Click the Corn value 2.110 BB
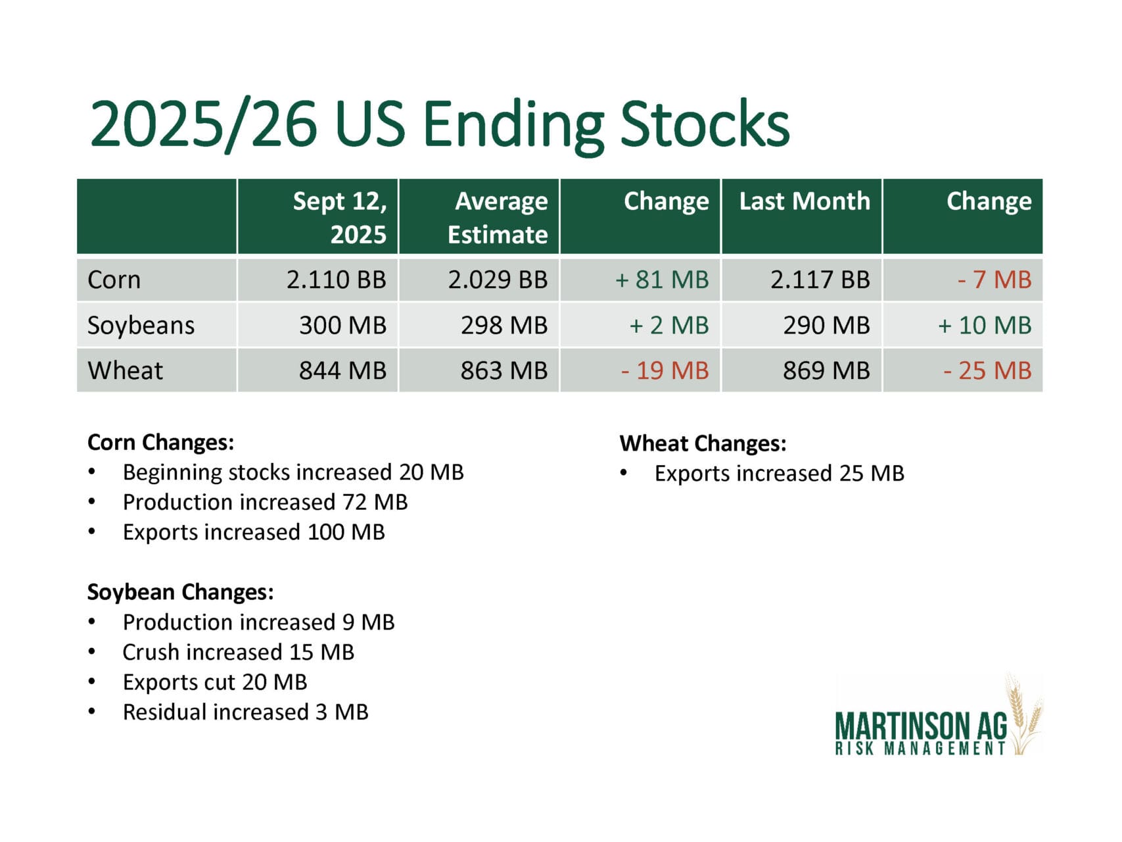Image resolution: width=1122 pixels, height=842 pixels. pos(336,280)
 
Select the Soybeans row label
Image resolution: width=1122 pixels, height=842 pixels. pos(141,326)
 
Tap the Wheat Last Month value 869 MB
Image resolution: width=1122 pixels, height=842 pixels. pos(826,371)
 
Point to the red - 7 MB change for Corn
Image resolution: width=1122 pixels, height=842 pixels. pos(994,280)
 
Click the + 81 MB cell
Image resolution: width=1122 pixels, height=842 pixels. pos(661,280)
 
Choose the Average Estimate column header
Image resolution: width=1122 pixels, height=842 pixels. pos(498,217)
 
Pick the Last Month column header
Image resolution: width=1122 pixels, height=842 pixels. pos(804,201)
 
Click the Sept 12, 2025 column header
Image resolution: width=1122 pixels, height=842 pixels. pos(340,217)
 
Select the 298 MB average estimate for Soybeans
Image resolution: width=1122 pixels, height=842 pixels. pos(503,326)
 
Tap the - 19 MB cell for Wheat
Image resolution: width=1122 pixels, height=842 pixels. pos(665,371)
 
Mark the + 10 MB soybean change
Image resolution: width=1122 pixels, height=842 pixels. pos(984,326)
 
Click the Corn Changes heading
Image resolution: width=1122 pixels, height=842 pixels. pos(160,442)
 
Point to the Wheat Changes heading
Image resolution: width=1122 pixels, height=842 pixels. pos(702,443)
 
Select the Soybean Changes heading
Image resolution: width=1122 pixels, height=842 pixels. pos(180,592)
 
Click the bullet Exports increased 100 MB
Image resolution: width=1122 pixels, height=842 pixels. pos(253,532)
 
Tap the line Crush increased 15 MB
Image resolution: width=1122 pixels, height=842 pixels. pos(238,652)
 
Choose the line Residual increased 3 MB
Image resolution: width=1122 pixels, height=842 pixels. pos(245,712)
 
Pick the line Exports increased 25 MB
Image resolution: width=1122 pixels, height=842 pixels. pos(779,474)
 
